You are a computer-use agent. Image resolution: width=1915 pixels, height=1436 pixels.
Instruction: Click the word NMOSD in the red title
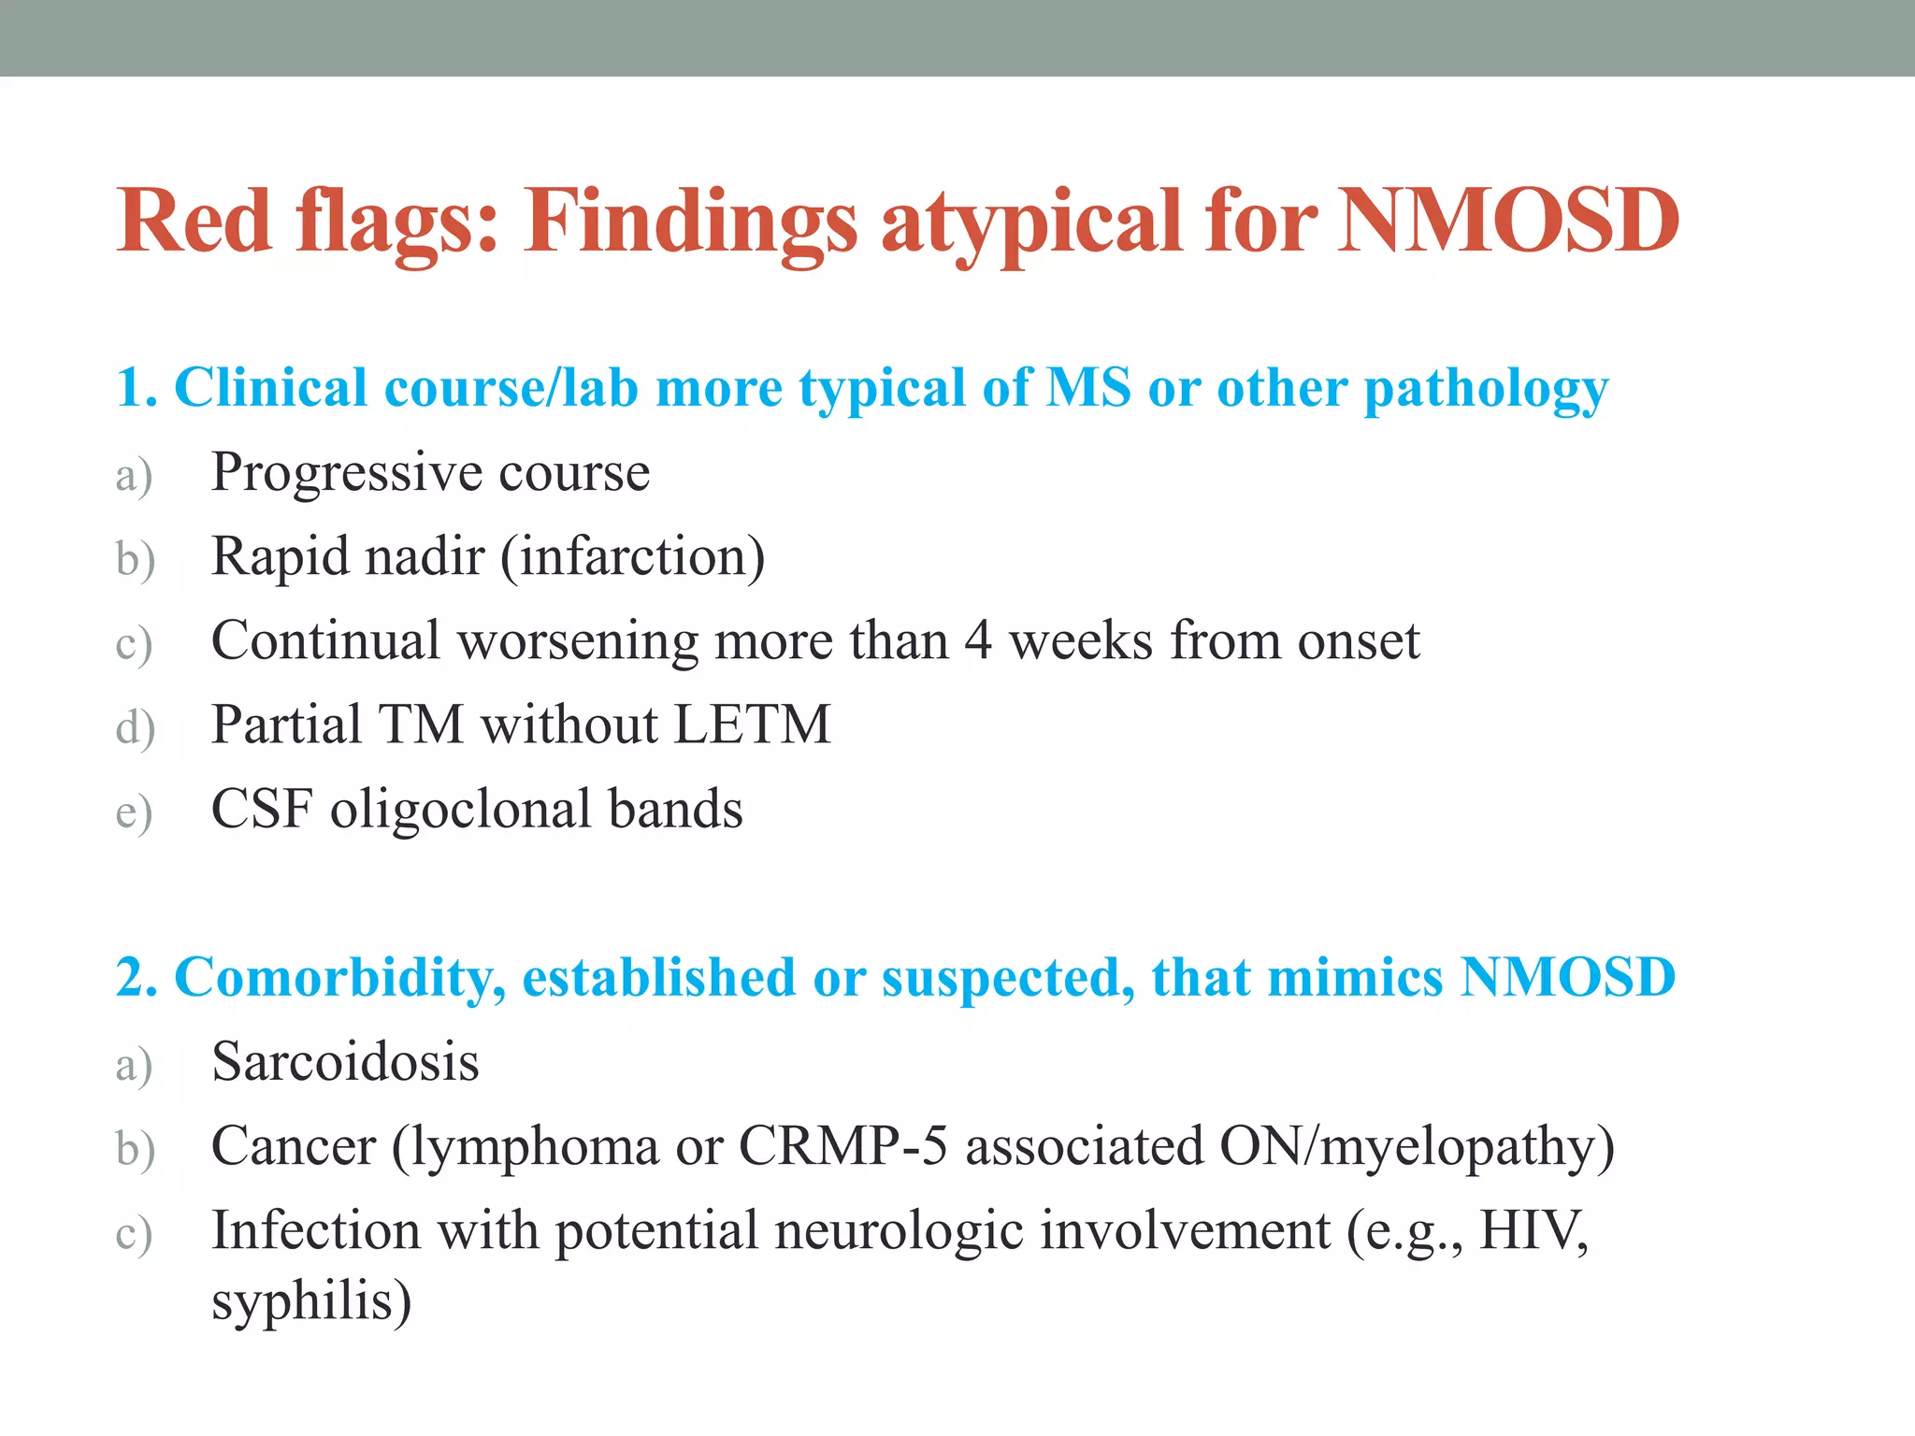pyautogui.click(x=1507, y=222)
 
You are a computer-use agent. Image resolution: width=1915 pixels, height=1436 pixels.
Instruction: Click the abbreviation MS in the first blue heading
pyautogui.click(x=1087, y=387)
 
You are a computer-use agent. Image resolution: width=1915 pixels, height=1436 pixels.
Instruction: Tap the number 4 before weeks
pyautogui.click(x=978, y=641)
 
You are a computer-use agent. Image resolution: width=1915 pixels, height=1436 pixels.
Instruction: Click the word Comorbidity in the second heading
pyautogui.click(x=340, y=978)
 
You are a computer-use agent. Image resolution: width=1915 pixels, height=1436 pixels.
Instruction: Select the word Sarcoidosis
pyautogui.click(x=345, y=1062)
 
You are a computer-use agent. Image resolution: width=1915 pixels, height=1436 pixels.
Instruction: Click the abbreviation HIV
pyautogui.click(x=1533, y=1230)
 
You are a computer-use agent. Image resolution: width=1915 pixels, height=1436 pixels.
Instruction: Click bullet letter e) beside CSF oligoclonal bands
pyautogui.click(x=134, y=811)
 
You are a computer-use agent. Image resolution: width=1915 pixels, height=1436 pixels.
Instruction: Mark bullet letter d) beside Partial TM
pyautogui.click(x=135, y=727)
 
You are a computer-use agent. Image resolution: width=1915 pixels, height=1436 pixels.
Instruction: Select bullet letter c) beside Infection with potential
pyautogui.click(x=134, y=1234)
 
